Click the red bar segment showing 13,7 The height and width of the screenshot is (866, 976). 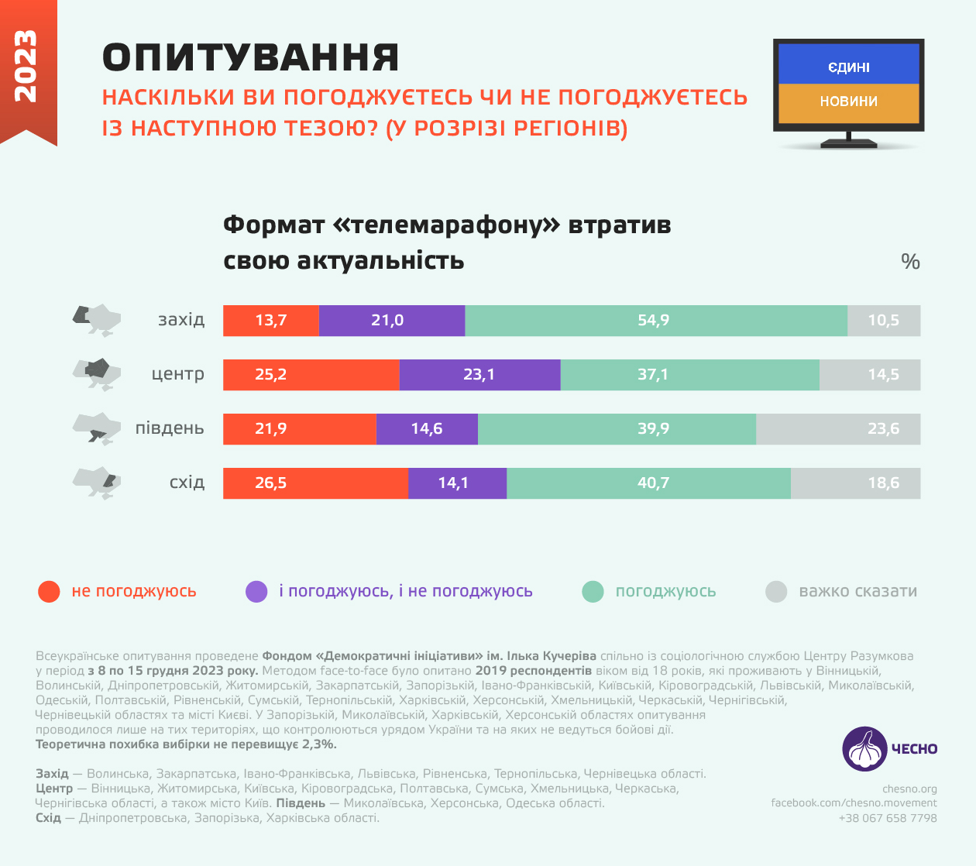coord(271,321)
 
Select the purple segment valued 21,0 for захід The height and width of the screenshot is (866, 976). coord(391,321)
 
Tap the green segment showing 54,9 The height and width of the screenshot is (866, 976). coord(655,321)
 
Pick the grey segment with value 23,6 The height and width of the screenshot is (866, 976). coord(838,429)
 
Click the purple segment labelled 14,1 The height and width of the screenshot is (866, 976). coord(457,483)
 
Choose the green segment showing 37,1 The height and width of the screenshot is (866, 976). coord(689,375)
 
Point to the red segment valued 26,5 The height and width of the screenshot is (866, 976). coord(315,483)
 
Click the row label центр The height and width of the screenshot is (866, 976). coord(178,374)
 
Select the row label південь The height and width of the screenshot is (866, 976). coord(170,428)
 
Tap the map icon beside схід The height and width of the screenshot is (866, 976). coord(97,483)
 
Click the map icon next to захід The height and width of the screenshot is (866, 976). coord(97,319)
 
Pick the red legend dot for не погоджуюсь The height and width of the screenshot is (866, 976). coord(49,592)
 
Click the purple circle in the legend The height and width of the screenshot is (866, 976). coord(256,592)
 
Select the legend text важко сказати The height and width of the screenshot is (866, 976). coord(857,592)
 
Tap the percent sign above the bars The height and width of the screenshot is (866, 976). coord(910,262)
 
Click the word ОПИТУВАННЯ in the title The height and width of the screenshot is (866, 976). coord(251,58)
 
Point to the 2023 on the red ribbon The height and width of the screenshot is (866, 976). coord(26,66)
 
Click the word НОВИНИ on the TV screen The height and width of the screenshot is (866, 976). coord(848,101)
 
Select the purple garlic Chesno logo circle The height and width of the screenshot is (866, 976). coord(864,748)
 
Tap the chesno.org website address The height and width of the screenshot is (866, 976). coord(909,789)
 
